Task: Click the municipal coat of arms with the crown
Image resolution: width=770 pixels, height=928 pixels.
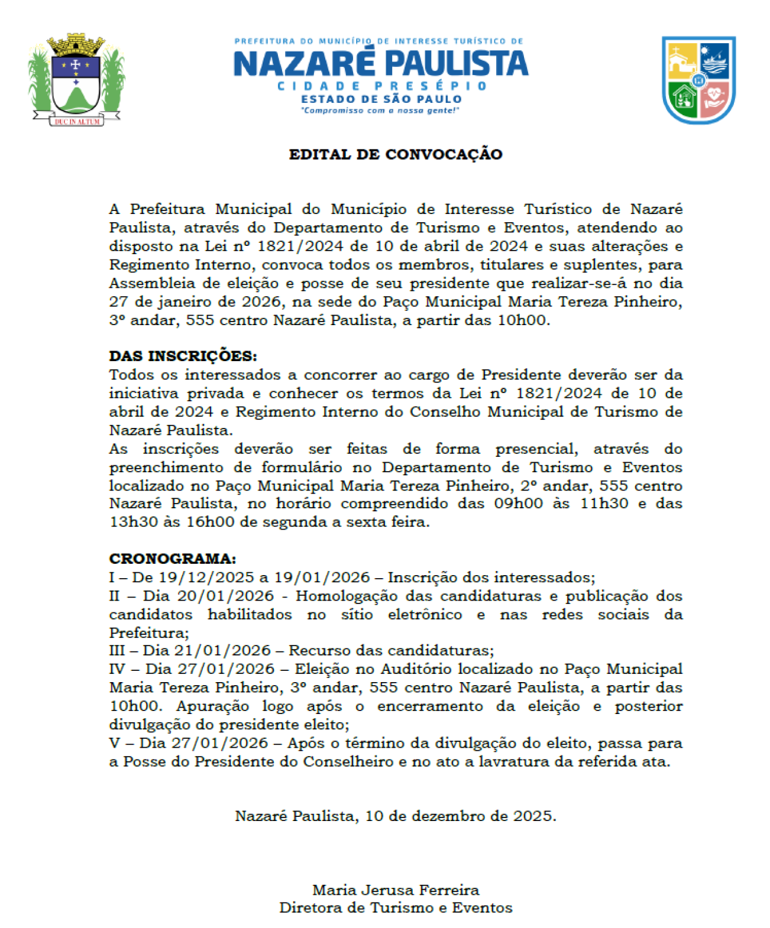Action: click(x=76, y=79)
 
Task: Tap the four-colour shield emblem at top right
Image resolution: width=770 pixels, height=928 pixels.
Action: click(x=698, y=80)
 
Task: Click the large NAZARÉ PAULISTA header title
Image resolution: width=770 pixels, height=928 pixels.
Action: click(x=381, y=63)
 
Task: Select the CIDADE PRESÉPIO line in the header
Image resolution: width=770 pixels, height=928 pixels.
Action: click(x=382, y=86)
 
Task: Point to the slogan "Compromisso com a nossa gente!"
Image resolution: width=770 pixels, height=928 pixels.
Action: click(x=380, y=111)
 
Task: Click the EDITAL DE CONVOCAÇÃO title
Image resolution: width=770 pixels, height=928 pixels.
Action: click(x=395, y=154)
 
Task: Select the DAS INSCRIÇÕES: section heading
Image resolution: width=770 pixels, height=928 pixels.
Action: click(x=183, y=356)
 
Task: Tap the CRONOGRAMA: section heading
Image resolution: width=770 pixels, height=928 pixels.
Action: click(x=172, y=559)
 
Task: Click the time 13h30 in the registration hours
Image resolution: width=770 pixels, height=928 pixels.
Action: click(x=134, y=523)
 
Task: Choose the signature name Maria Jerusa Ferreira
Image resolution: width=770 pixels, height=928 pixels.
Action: click(x=396, y=890)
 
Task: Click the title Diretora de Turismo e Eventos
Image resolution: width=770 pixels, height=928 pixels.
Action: click(x=396, y=908)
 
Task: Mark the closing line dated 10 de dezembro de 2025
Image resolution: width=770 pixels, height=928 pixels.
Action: click(x=395, y=816)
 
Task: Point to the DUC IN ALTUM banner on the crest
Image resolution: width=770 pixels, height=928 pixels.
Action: click(x=77, y=121)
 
